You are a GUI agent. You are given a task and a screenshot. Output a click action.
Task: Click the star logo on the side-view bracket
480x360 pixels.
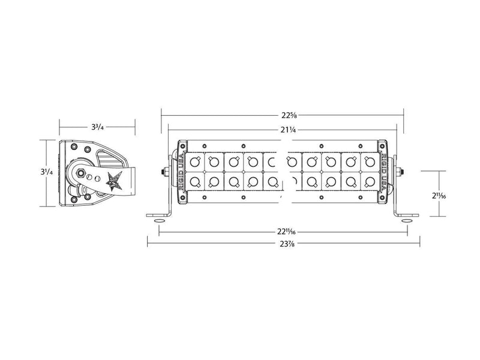pos(113,179)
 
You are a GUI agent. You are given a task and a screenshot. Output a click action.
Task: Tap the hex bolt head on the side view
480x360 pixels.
pos(79,172)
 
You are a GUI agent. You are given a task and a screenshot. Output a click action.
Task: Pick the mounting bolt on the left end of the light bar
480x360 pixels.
pos(164,171)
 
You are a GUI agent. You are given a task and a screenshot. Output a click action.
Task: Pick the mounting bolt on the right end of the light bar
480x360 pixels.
pos(401,171)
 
